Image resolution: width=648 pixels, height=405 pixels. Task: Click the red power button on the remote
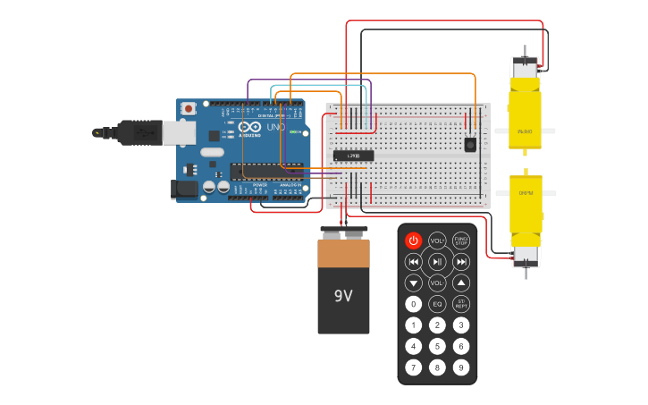coord(413,240)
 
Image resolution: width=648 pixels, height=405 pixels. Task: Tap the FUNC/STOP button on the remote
coord(461,240)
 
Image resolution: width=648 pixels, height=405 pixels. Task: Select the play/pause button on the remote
coord(437,262)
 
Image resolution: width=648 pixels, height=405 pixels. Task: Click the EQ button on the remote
coord(437,304)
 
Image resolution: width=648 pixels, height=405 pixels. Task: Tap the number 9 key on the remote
coord(461,367)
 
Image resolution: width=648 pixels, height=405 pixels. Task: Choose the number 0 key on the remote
coord(413,304)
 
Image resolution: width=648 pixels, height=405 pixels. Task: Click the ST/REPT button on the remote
coord(461,304)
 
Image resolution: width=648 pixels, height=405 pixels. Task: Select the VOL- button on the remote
coord(437,283)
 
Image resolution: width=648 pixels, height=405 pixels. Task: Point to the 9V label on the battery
coord(343,296)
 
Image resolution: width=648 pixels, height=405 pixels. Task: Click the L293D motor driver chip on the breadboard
coord(353,156)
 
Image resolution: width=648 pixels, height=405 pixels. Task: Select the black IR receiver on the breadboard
coord(470,144)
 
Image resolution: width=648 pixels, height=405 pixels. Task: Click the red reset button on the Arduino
coord(189,108)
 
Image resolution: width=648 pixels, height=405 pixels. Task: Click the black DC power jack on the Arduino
coord(184,189)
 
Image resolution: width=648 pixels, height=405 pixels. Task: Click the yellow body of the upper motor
coord(525,114)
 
